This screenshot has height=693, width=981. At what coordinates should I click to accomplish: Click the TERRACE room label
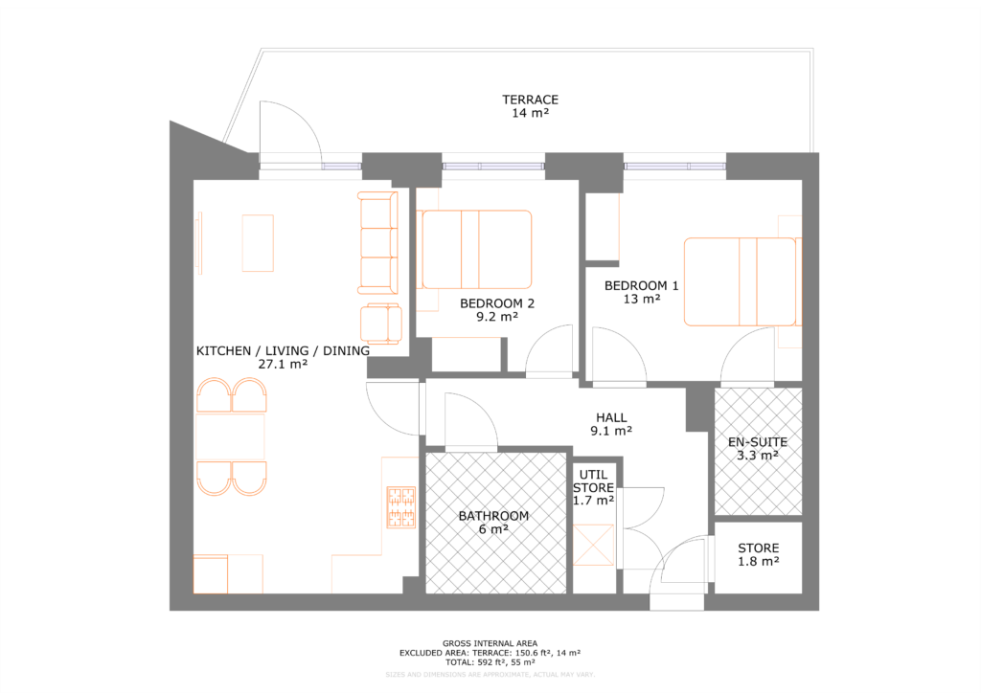click(x=531, y=100)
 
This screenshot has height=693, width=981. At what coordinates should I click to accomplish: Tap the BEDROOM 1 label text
click(x=641, y=285)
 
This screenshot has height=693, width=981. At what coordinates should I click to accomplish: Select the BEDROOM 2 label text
click(x=496, y=303)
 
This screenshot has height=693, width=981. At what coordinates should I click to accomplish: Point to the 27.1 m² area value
click(x=283, y=365)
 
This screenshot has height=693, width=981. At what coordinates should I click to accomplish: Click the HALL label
click(x=611, y=417)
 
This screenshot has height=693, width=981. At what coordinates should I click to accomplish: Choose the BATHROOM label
click(x=493, y=516)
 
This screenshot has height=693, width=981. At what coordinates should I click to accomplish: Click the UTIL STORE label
click(x=593, y=481)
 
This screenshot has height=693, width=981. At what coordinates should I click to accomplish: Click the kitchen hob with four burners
click(x=400, y=508)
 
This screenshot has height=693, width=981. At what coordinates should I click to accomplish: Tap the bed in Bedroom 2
click(x=476, y=249)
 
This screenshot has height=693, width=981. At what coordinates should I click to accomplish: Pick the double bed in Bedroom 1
click(x=739, y=282)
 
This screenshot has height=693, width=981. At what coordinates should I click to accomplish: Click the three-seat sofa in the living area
click(x=376, y=242)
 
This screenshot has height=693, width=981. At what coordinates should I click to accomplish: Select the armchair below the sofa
click(x=380, y=323)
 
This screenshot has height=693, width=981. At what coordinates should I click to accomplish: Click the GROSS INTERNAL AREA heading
click(x=490, y=643)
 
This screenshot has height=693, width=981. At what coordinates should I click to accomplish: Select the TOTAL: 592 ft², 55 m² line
click(x=490, y=661)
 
